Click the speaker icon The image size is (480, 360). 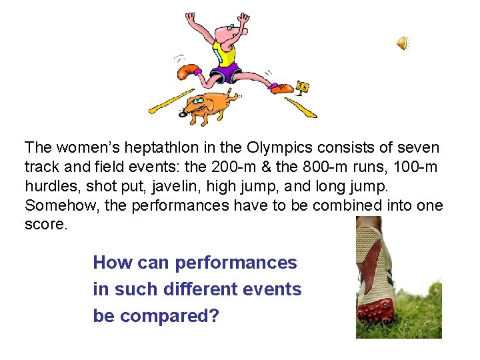click(403, 43)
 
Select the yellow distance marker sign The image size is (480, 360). click(303, 87)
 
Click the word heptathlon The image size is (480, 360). click(147, 147)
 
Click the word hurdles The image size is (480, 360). click(48, 186)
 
